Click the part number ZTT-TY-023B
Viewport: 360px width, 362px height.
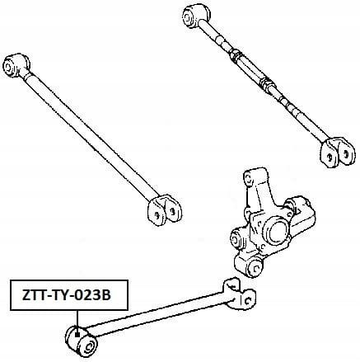tap(67, 295)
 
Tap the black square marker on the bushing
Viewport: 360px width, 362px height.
tap(77, 335)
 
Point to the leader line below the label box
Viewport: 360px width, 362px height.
tap(77, 321)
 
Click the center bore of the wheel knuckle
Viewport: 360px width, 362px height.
tap(278, 232)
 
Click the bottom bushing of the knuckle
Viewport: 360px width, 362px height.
tap(255, 267)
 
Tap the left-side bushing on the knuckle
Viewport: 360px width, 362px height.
tap(236, 238)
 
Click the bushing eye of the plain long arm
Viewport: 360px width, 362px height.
tap(14, 65)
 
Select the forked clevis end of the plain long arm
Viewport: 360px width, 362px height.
tap(164, 210)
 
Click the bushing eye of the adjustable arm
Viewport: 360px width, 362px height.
tap(194, 16)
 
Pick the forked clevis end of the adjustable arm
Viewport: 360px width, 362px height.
tap(338, 153)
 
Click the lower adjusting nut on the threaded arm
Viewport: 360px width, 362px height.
tap(268, 85)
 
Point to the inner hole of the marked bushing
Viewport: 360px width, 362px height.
tap(89, 346)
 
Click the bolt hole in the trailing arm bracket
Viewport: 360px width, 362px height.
tap(249, 300)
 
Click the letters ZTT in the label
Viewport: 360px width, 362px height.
tap(32, 295)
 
